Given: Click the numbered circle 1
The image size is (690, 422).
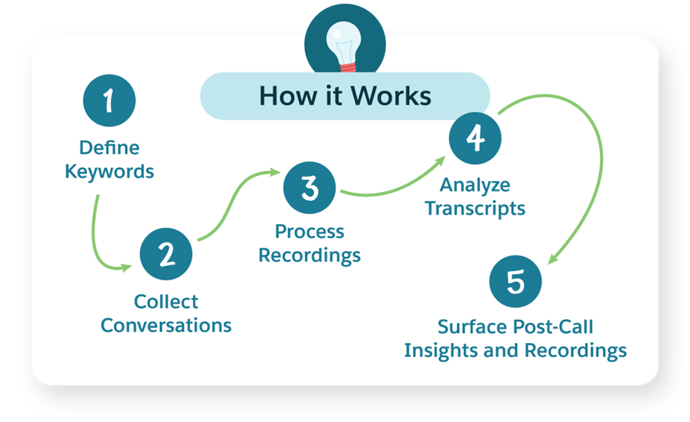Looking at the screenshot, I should coord(109,100).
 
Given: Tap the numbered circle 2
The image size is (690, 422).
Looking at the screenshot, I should coord(166,254).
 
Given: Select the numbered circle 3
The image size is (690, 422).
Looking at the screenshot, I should coord(310,187).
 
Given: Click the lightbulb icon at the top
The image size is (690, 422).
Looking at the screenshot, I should coord(344,41).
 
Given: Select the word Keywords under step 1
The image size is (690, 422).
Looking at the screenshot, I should coord(110,172).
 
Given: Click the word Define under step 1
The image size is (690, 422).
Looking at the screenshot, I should coord(109,148).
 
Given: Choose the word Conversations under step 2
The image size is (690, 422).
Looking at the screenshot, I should coord(166,325).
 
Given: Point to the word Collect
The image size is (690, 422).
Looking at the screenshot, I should coord(166,301).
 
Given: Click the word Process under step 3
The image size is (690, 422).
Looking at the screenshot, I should coord(309,231).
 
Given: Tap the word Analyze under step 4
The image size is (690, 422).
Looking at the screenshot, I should coord(475,184).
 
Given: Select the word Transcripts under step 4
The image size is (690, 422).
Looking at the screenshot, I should coord(475,208).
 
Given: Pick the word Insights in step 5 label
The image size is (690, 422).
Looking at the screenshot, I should coord(439,350).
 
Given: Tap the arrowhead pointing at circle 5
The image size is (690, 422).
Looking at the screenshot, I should coord(553,256).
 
